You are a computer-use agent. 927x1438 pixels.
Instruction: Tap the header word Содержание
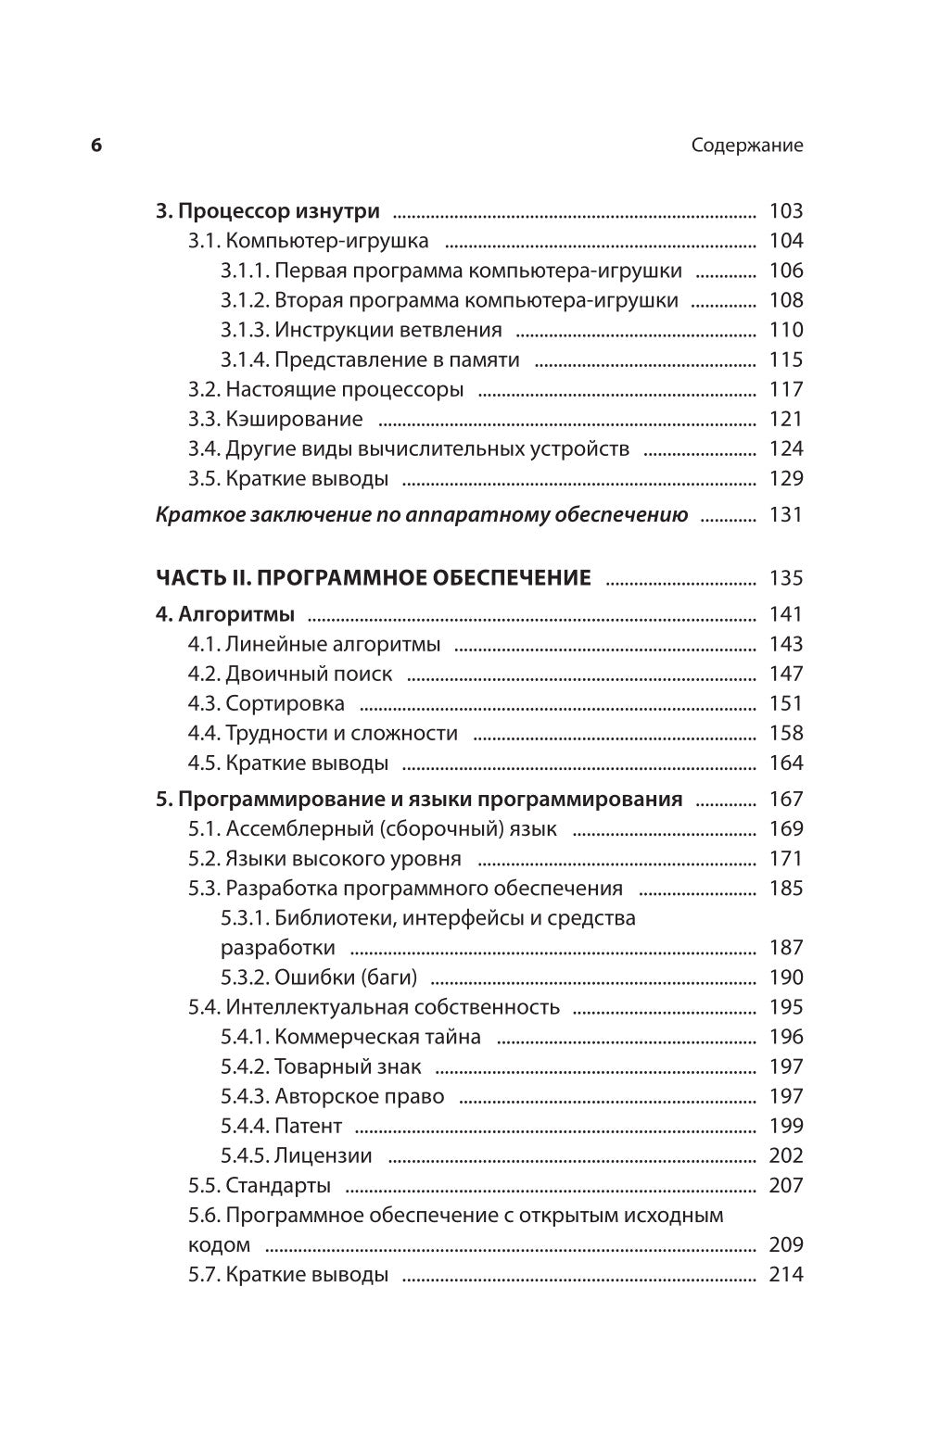point(747,145)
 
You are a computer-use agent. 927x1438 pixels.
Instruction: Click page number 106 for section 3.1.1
point(785,271)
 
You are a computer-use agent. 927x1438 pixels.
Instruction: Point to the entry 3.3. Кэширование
point(275,419)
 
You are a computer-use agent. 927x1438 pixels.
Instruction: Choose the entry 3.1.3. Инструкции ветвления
point(361,330)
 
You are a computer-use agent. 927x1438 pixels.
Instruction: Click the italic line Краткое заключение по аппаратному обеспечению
point(421,515)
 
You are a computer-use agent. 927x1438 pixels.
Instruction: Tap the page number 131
point(785,515)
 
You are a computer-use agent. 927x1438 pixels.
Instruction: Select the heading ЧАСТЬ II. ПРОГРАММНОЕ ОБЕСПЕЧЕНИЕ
point(373,578)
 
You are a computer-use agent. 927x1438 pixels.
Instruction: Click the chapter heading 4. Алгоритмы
point(224,614)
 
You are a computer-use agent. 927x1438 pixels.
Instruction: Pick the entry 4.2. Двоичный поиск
point(290,674)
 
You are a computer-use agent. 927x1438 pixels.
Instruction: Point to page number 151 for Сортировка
point(785,703)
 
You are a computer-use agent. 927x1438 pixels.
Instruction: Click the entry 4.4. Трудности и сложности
point(323,733)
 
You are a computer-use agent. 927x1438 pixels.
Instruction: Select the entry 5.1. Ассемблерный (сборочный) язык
point(372,829)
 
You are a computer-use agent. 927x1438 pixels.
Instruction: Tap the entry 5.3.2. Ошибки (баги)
point(319,978)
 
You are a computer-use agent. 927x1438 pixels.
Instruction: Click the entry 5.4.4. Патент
point(281,1126)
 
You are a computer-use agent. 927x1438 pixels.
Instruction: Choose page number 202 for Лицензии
point(785,1155)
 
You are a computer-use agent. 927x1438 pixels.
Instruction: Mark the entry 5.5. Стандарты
point(259,1185)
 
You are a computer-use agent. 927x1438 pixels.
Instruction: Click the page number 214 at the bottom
point(785,1274)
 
